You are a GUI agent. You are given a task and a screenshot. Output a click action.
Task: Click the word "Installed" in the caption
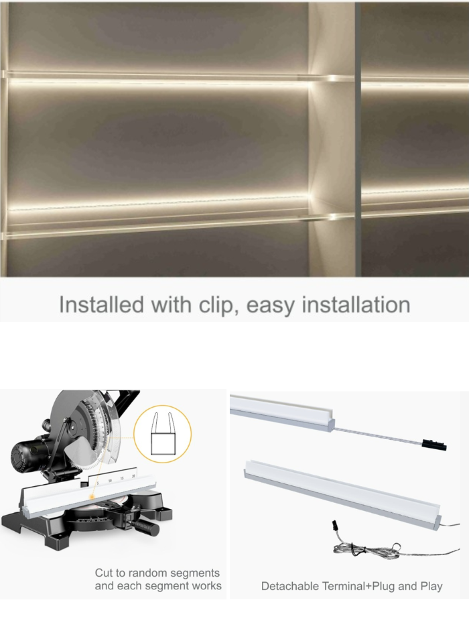tap(100, 305)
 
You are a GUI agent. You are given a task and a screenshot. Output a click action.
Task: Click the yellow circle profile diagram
tap(162, 435)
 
